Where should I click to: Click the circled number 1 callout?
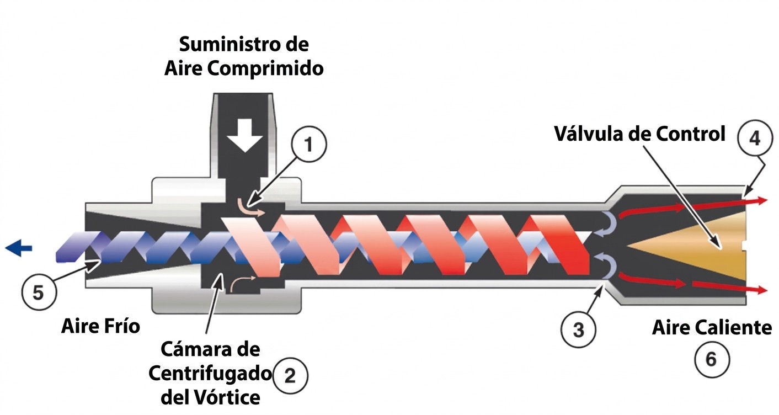pyautogui.click(x=309, y=144)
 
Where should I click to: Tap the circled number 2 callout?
pyautogui.click(x=290, y=376)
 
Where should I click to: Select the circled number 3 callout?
pyautogui.click(x=578, y=329)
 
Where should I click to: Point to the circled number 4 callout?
pyautogui.click(x=755, y=138)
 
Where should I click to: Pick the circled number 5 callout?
pyautogui.click(x=38, y=292)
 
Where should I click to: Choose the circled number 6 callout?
pyautogui.click(x=712, y=359)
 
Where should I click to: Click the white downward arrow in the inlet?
pyautogui.click(x=245, y=135)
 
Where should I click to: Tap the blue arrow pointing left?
pyautogui.click(x=19, y=248)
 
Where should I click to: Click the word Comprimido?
pyautogui.click(x=265, y=69)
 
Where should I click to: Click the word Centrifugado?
pyautogui.click(x=210, y=374)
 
